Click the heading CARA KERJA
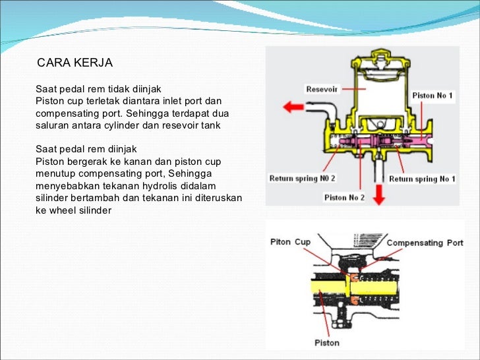tap(75, 63)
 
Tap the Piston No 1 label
tap(433, 96)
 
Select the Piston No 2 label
tap(344, 197)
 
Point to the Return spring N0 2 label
tap(302, 179)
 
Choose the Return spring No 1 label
tap(422, 179)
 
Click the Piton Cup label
tap(290, 242)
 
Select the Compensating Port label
tap(425, 243)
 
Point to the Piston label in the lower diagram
tap(326, 342)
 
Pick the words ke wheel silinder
tap(73, 210)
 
